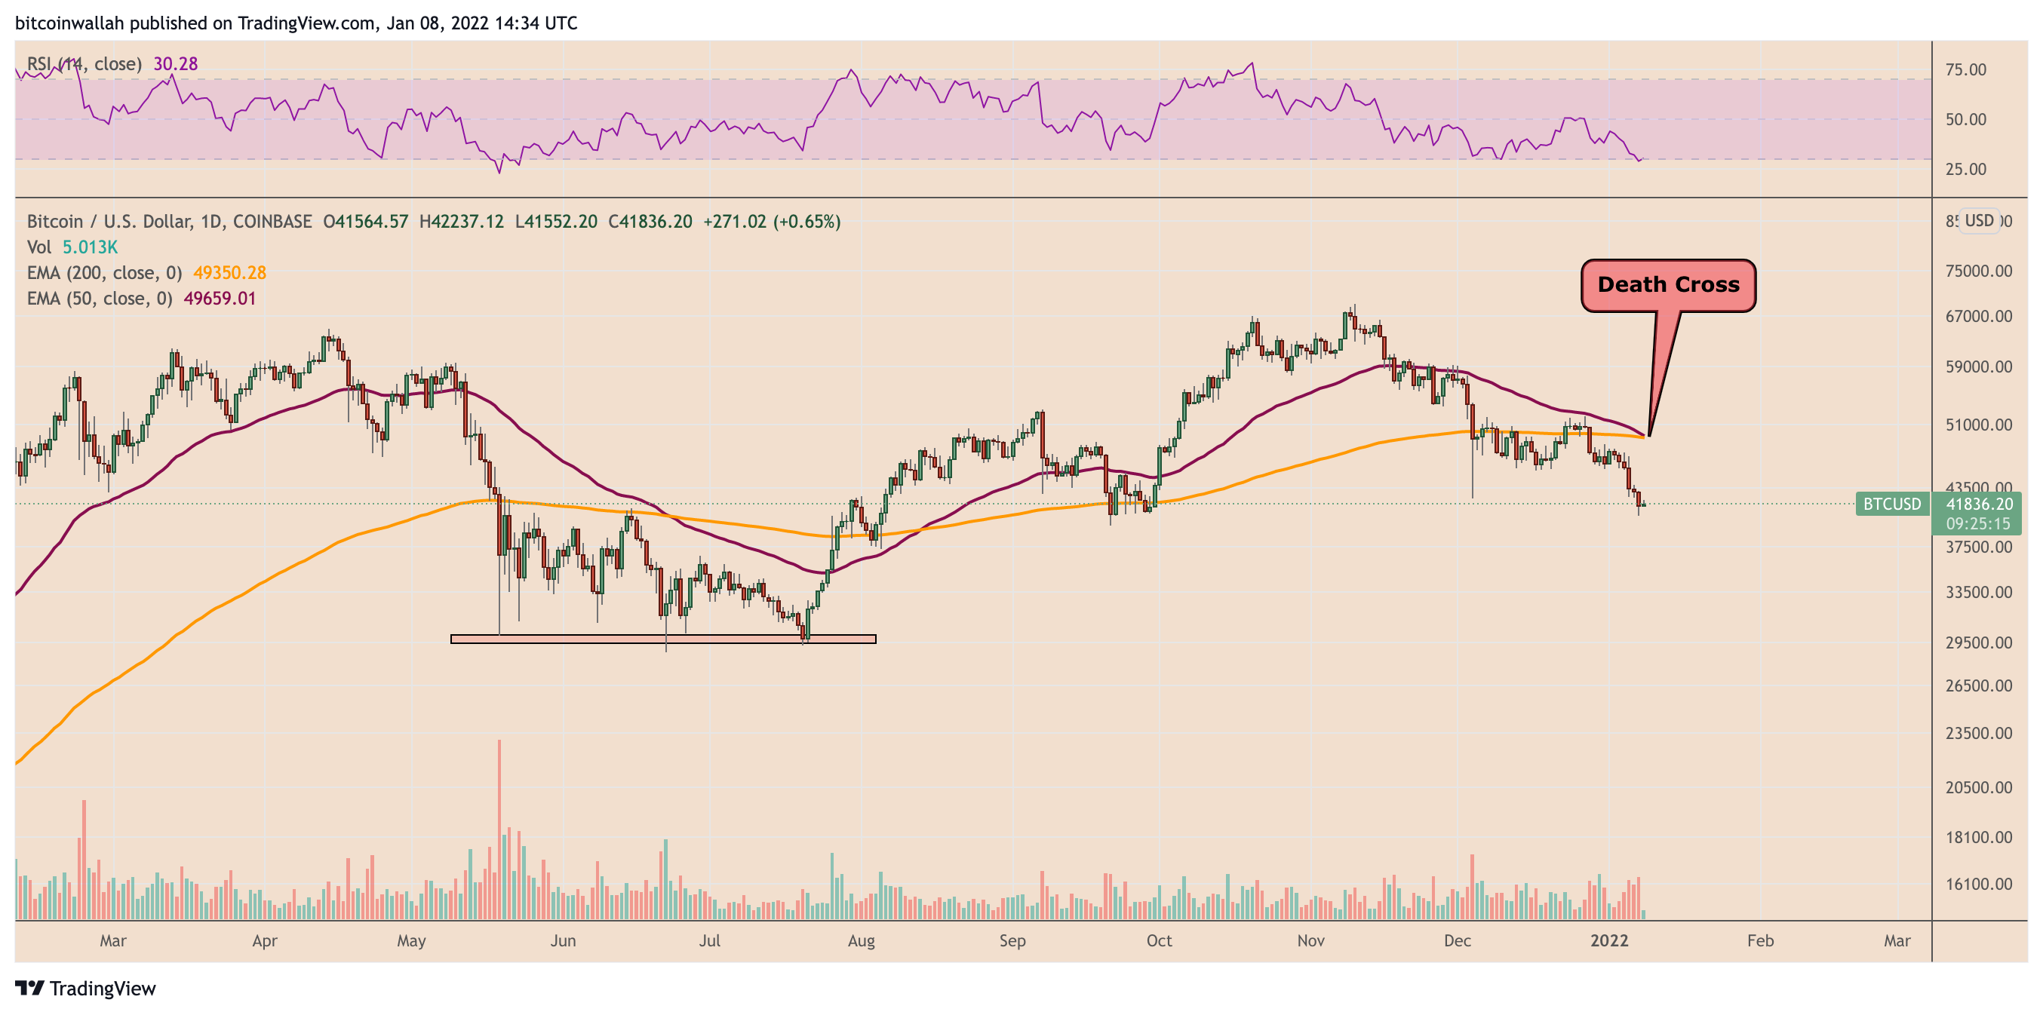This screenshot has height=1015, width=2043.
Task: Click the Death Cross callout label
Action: click(1668, 285)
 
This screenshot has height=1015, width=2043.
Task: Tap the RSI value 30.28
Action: click(175, 63)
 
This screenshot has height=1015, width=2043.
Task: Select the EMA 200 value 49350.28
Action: click(229, 273)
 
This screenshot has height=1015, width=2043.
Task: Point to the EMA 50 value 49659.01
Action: click(220, 298)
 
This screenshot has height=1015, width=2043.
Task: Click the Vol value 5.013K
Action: click(90, 247)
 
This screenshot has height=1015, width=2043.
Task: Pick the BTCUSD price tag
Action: click(1891, 504)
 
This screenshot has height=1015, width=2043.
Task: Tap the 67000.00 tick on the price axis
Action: click(1978, 317)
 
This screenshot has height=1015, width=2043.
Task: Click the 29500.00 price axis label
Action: click(1978, 642)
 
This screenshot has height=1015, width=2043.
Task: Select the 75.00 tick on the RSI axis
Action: click(1965, 70)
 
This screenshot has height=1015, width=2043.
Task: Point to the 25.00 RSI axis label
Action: click(1965, 169)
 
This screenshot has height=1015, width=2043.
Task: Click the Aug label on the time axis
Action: click(861, 940)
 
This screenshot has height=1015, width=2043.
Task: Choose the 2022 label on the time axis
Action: click(1609, 940)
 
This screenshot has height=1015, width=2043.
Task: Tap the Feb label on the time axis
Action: click(1760, 940)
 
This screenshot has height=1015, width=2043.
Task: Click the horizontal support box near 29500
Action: click(663, 639)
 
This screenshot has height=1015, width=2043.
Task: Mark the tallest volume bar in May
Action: click(499, 829)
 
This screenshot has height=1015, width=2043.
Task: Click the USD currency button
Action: click(1979, 220)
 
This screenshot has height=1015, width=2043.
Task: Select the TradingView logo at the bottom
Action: click(86, 988)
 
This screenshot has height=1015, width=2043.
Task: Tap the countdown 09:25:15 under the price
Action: click(1978, 523)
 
